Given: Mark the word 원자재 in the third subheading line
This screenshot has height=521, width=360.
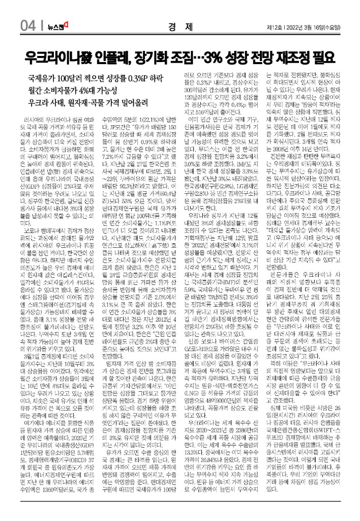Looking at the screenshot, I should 87,103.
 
